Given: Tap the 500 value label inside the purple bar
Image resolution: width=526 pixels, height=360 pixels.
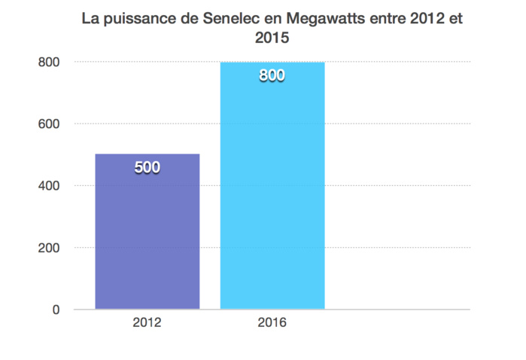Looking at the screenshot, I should [x=147, y=168].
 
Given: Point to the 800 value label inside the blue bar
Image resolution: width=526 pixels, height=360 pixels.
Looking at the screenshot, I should [x=272, y=76].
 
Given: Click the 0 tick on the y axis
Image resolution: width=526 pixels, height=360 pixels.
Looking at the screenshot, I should [x=55, y=310].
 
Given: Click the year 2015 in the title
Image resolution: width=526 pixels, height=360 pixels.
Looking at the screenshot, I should [x=272, y=35].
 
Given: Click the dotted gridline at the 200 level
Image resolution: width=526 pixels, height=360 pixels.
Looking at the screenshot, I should [x=399, y=248].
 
